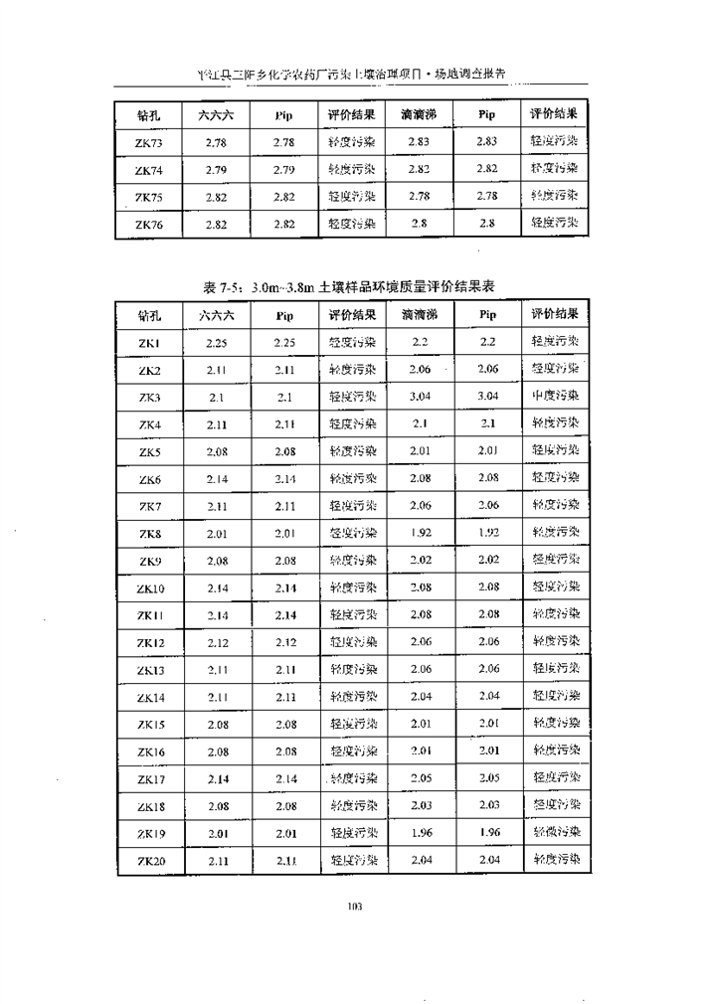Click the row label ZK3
(149, 398)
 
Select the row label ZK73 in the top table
(149, 143)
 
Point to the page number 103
(354, 906)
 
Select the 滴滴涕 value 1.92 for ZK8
(419, 533)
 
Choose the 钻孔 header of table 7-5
(149, 317)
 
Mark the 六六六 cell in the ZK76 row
(216, 225)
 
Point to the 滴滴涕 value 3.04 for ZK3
(419, 397)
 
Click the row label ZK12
(149, 642)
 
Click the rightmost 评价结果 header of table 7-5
(554, 314)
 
